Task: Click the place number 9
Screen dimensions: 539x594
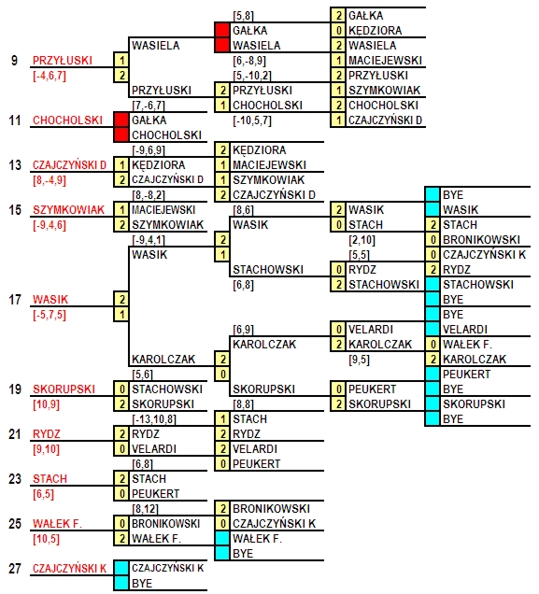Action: coord(14,60)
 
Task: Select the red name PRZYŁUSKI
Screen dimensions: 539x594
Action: coord(63,60)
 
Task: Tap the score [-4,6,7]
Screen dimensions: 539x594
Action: coord(50,76)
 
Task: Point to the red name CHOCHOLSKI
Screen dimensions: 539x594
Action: coord(67,120)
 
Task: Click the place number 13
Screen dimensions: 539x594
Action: coord(15,165)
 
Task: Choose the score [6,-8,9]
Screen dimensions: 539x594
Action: coord(249,61)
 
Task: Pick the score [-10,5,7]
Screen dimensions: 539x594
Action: coord(252,120)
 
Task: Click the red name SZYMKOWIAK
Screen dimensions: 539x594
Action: coord(68,210)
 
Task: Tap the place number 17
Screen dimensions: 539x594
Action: coord(15,300)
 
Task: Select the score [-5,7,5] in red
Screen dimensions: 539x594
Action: coord(50,315)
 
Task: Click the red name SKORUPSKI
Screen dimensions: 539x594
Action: coord(64,389)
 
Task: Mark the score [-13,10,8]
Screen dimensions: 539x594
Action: coord(154,419)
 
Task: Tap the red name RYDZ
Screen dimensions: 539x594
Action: coord(47,434)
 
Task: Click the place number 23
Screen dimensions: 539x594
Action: coord(15,479)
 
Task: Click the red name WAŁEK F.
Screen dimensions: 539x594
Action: coord(57,524)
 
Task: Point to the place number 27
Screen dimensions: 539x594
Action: coord(15,569)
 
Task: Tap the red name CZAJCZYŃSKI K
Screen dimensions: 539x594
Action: coord(70,569)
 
